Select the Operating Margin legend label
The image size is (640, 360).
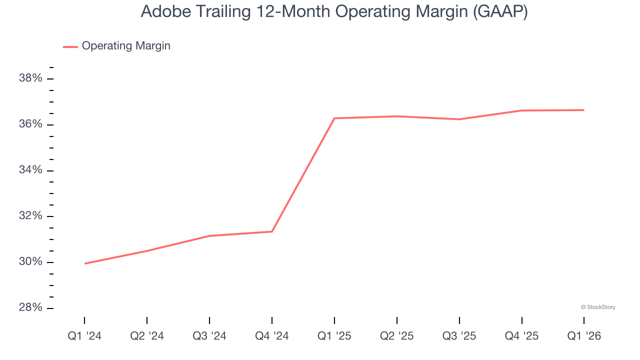coord(126,46)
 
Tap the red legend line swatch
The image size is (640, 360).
coord(70,46)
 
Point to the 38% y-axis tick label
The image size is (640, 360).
coord(30,78)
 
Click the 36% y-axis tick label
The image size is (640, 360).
coord(30,124)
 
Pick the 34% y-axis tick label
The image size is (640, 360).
coord(30,170)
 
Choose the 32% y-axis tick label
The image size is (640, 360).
coord(30,216)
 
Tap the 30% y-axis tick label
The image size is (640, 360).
coord(30,262)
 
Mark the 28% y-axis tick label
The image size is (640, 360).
coord(30,308)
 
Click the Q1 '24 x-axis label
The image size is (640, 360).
coord(84,336)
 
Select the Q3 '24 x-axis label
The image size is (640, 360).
coord(209,336)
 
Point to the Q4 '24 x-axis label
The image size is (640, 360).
coord(272,336)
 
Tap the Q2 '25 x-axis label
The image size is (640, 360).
coord(397,336)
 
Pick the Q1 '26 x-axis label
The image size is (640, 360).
coord(584,336)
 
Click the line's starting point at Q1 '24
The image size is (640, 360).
coord(85,263)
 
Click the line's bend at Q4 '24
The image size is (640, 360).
coord(272,231)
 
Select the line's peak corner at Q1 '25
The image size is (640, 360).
coord(334,118)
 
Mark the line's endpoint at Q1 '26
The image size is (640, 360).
coord(583,110)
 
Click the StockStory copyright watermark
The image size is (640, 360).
coord(598,307)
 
